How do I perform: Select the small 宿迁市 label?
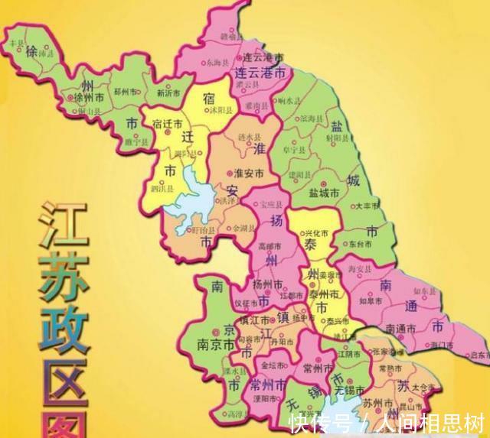(x=167, y=123)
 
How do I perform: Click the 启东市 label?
(x=480, y=355)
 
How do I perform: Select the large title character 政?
(x=61, y=317)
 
